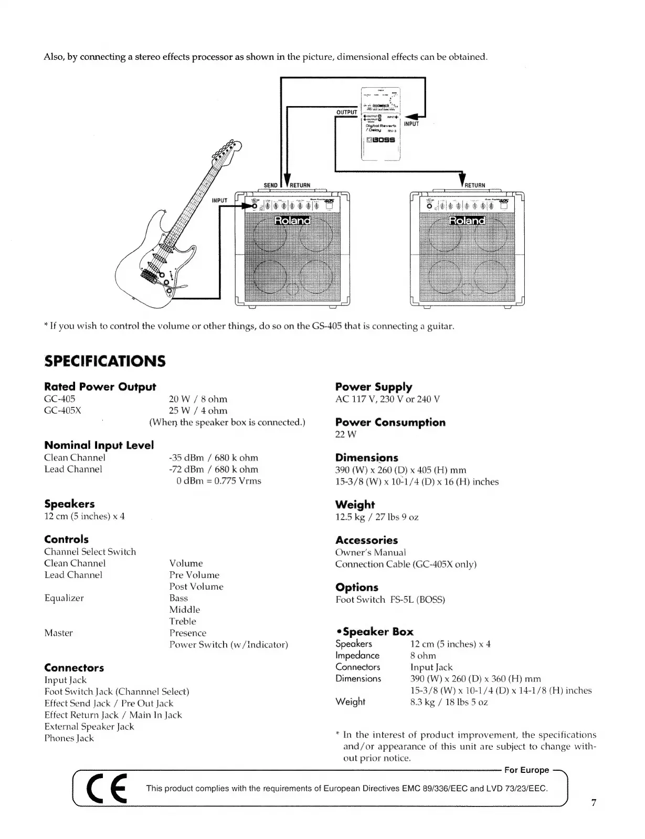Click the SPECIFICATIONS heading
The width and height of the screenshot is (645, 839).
click(104, 361)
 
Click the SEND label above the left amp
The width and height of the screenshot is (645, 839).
click(270, 185)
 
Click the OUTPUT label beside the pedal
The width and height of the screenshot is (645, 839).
click(346, 112)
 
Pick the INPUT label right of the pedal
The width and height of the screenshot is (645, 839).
click(411, 124)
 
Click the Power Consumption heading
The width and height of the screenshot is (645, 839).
click(390, 423)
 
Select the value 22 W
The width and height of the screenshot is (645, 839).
click(345, 435)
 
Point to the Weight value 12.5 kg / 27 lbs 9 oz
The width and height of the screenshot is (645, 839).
click(376, 517)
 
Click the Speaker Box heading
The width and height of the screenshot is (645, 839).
click(375, 632)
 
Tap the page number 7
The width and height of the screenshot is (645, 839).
click(594, 802)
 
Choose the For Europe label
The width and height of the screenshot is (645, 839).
click(526, 770)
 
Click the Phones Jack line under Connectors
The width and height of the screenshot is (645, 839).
click(69, 738)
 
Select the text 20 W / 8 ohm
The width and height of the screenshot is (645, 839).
click(198, 399)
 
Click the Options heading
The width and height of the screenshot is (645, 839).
click(356, 588)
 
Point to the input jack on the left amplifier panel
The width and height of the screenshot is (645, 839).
click(253, 207)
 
